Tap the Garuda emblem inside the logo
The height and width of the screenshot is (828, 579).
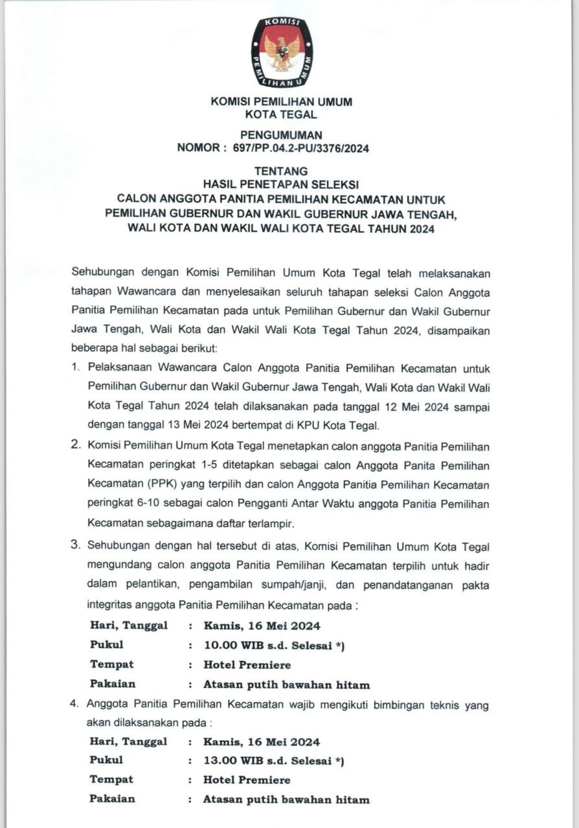pyautogui.click(x=282, y=53)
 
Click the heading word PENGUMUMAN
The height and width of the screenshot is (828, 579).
pyautogui.click(x=281, y=135)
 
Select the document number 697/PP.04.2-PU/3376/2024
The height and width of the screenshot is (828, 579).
pyautogui.click(x=296, y=148)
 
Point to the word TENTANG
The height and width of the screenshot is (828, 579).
pyautogui.click(x=281, y=171)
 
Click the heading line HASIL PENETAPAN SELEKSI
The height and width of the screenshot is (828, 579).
pyautogui.click(x=281, y=184)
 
